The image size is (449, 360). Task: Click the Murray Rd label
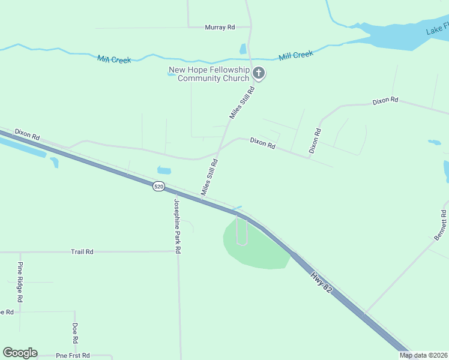click(x=219, y=28)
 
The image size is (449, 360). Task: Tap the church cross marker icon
click(x=259, y=74)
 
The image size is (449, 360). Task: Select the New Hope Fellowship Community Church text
click(x=209, y=74)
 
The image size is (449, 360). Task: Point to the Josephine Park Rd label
click(x=178, y=226)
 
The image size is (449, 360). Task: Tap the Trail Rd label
click(x=82, y=252)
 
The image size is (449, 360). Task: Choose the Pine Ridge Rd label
click(x=20, y=281)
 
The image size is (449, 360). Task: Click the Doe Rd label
click(x=75, y=333)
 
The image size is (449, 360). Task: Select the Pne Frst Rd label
click(x=73, y=356)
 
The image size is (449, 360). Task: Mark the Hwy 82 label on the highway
click(x=322, y=282)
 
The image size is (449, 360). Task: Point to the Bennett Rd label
click(x=441, y=226)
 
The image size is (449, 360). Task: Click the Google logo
click(x=20, y=353)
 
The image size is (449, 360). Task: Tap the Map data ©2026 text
click(x=424, y=355)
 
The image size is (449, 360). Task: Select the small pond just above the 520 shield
click(x=164, y=170)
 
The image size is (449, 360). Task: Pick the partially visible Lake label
click(x=437, y=29)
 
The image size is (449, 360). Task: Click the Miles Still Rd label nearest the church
click(x=243, y=102)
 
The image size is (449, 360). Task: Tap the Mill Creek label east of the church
click(x=296, y=55)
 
